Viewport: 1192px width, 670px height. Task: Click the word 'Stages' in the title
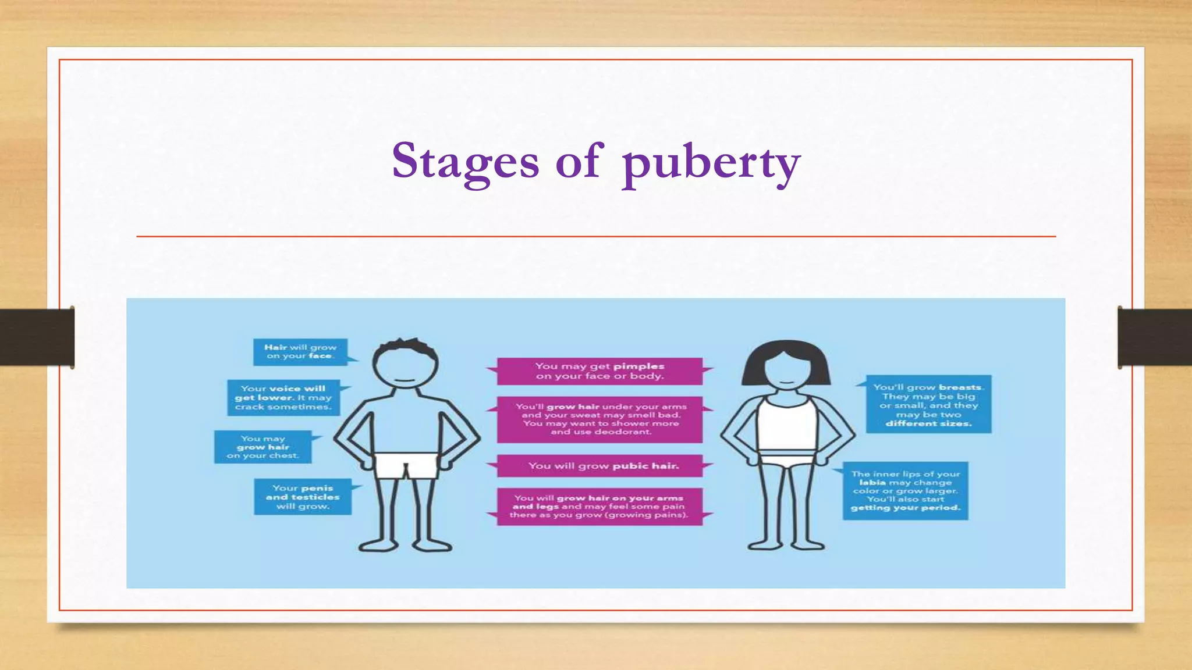pyautogui.click(x=465, y=161)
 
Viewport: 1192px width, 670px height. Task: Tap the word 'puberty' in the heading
pyautogui.click(x=711, y=163)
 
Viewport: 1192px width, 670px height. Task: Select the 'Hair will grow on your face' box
pyautogui.click(x=300, y=352)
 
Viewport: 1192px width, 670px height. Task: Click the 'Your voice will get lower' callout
pyautogui.click(x=283, y=398)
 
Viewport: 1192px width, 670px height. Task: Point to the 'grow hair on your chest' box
pyautogui.click(x=262, y=447)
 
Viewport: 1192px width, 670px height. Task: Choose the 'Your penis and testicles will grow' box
pyautogui.click(x=303, y=497)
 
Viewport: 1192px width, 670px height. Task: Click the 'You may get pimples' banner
pyautogui.click(x=599, y=371)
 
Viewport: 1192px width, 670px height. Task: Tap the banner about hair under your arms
pyautogui.click(x=599, y=419)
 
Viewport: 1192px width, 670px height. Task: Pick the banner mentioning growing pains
pyautogui.click(x=599, y=507)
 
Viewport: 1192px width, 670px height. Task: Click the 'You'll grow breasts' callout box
pyautogui.click(x=928, y=405)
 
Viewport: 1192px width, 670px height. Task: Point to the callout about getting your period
pyautogui.click(x=905, y=491)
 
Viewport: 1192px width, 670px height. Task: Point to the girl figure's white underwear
pyautogui.click(x=786, y=461)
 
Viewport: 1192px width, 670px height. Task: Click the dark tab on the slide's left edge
pyautogui.click(x=37, y=337)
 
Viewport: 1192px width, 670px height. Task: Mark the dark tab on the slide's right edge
pyautogui.click(x=1155, y=337)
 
